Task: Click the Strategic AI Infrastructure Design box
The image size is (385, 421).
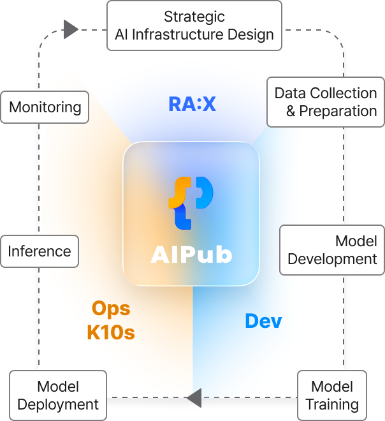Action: [194, 26]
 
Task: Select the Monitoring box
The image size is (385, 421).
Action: [45, 107]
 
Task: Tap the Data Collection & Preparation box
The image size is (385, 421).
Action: [325, 102]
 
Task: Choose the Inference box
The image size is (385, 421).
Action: [40, 251]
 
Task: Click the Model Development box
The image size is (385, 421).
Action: [332, 250]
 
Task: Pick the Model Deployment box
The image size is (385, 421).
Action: [58, 395]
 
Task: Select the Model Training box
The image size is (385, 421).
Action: [332, 395]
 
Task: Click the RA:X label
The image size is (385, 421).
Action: [192, 104]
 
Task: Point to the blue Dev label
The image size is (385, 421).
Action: [263, 321]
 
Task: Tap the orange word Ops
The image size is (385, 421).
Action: [111, 309]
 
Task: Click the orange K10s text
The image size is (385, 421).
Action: [111, 332]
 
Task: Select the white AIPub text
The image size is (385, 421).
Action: [191, 255]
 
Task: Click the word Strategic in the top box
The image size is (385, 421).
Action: [194, 17]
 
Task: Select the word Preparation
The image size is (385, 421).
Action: [338, 111]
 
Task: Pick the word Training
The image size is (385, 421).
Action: [332, 404]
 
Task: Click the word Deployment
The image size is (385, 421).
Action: [58, 404]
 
